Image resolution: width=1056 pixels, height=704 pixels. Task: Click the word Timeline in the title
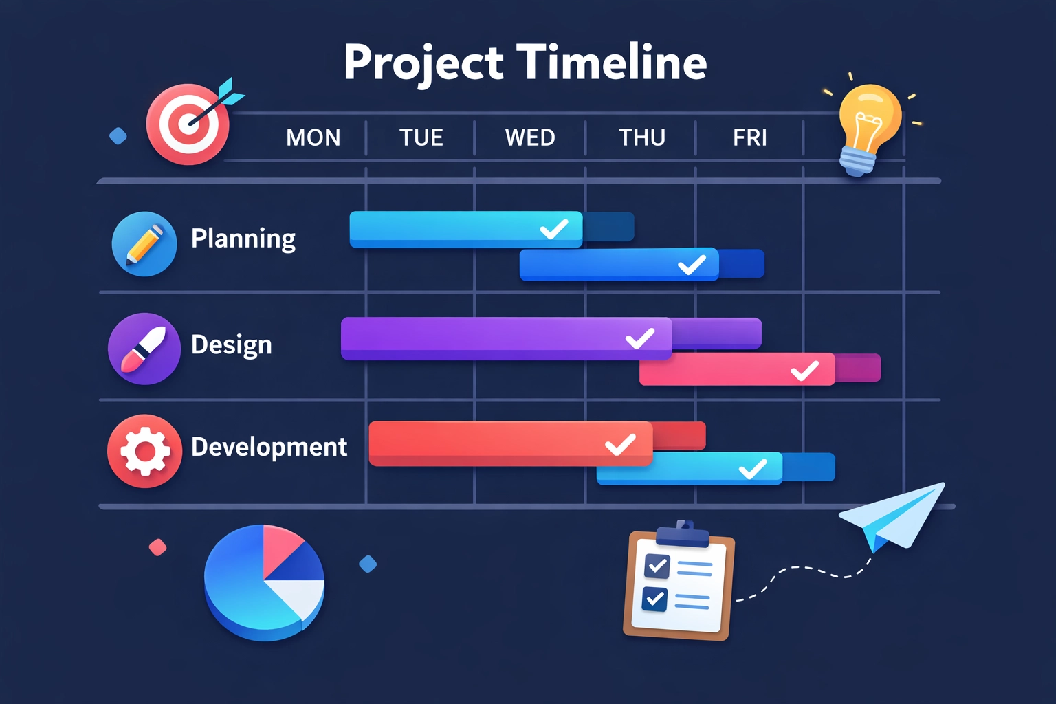[x=611, y=62]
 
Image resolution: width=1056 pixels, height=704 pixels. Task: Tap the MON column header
[x=313, y=138]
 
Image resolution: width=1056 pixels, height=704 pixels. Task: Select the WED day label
[x=529, y=138]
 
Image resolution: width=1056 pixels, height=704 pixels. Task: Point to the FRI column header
[x=749, y=138]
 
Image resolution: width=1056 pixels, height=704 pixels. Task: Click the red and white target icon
[x=188, y=124]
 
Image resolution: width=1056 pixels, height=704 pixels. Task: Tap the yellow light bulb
[x=868, y=124]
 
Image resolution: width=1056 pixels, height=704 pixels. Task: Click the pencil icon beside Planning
[x=144, y=244]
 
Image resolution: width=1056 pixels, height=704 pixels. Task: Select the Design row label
[x=231, y=344]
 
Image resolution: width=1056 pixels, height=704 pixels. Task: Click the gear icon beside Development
[x=144, y=451]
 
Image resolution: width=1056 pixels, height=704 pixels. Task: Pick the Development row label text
[x=269, y=447]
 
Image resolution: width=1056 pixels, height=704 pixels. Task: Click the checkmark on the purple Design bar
[x=639, y=338]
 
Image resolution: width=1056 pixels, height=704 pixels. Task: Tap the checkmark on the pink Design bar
[x=804, y=371]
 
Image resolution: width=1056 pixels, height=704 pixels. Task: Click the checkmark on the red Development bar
[x=619, y=444]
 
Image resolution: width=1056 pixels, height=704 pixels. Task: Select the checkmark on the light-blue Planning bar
[x=553, y=228]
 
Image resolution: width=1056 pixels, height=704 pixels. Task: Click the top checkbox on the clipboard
[x=657, y=566]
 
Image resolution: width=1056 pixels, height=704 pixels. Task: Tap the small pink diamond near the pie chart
[x=158, y=547]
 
